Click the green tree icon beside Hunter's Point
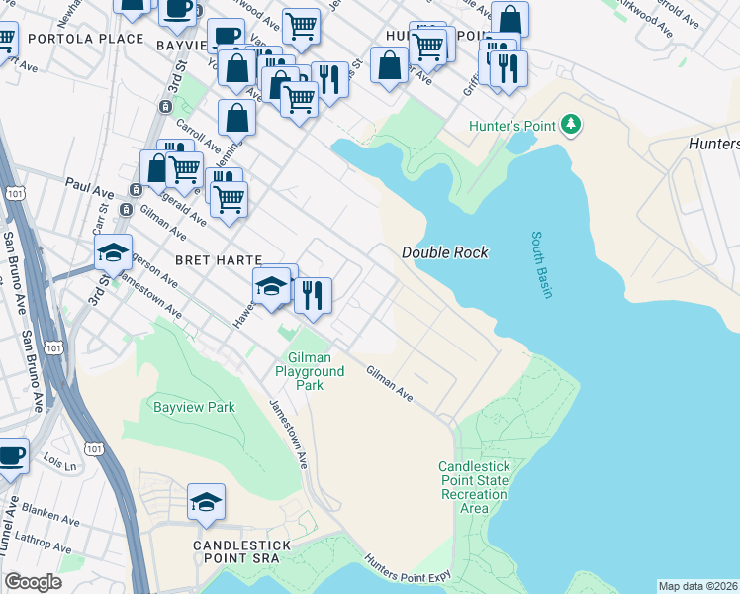[570, 125]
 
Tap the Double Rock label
[444, 253]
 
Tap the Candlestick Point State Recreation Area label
[474, 487]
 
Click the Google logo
[33, 581]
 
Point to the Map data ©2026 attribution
[697, 586]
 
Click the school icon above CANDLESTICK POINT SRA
[206, 503]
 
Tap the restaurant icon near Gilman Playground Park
[313, 295]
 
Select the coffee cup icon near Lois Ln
[10, 456]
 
